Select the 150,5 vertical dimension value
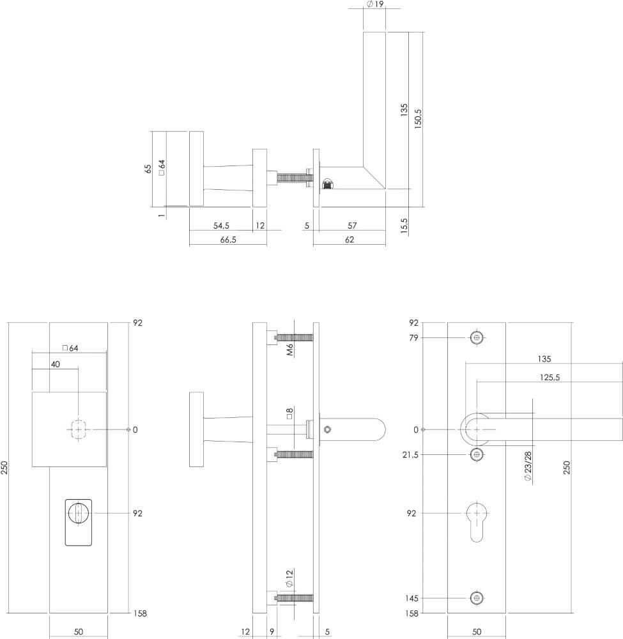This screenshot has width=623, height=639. [x=419, y=119]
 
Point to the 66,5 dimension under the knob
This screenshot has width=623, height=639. [x=227, y=240]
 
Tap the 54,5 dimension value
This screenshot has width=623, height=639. [x=221, y=226]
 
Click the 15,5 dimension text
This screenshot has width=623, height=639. [x=404, y=226]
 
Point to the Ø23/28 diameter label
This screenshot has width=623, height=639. [x=528, y=466]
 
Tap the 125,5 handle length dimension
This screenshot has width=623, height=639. [x=549, y=378]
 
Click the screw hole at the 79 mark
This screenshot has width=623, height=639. [x=476, y=337]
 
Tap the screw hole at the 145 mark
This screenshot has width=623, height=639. [x=476, y=598]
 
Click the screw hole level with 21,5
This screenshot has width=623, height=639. [x=476, y=454]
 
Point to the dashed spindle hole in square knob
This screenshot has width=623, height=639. [x=78, y=429]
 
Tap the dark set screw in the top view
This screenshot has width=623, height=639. [x=328, y=184]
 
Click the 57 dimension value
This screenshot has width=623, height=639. [x=352, y=226]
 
